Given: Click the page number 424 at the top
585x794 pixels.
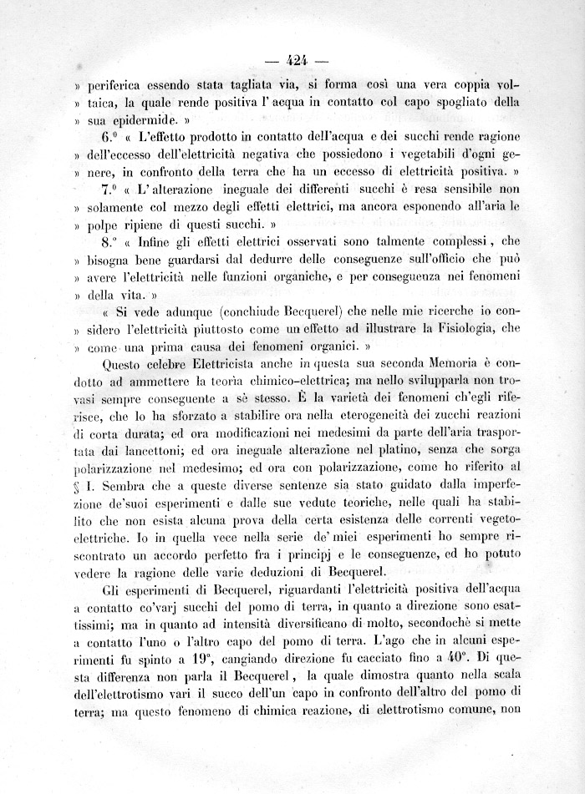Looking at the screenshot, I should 298,59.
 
